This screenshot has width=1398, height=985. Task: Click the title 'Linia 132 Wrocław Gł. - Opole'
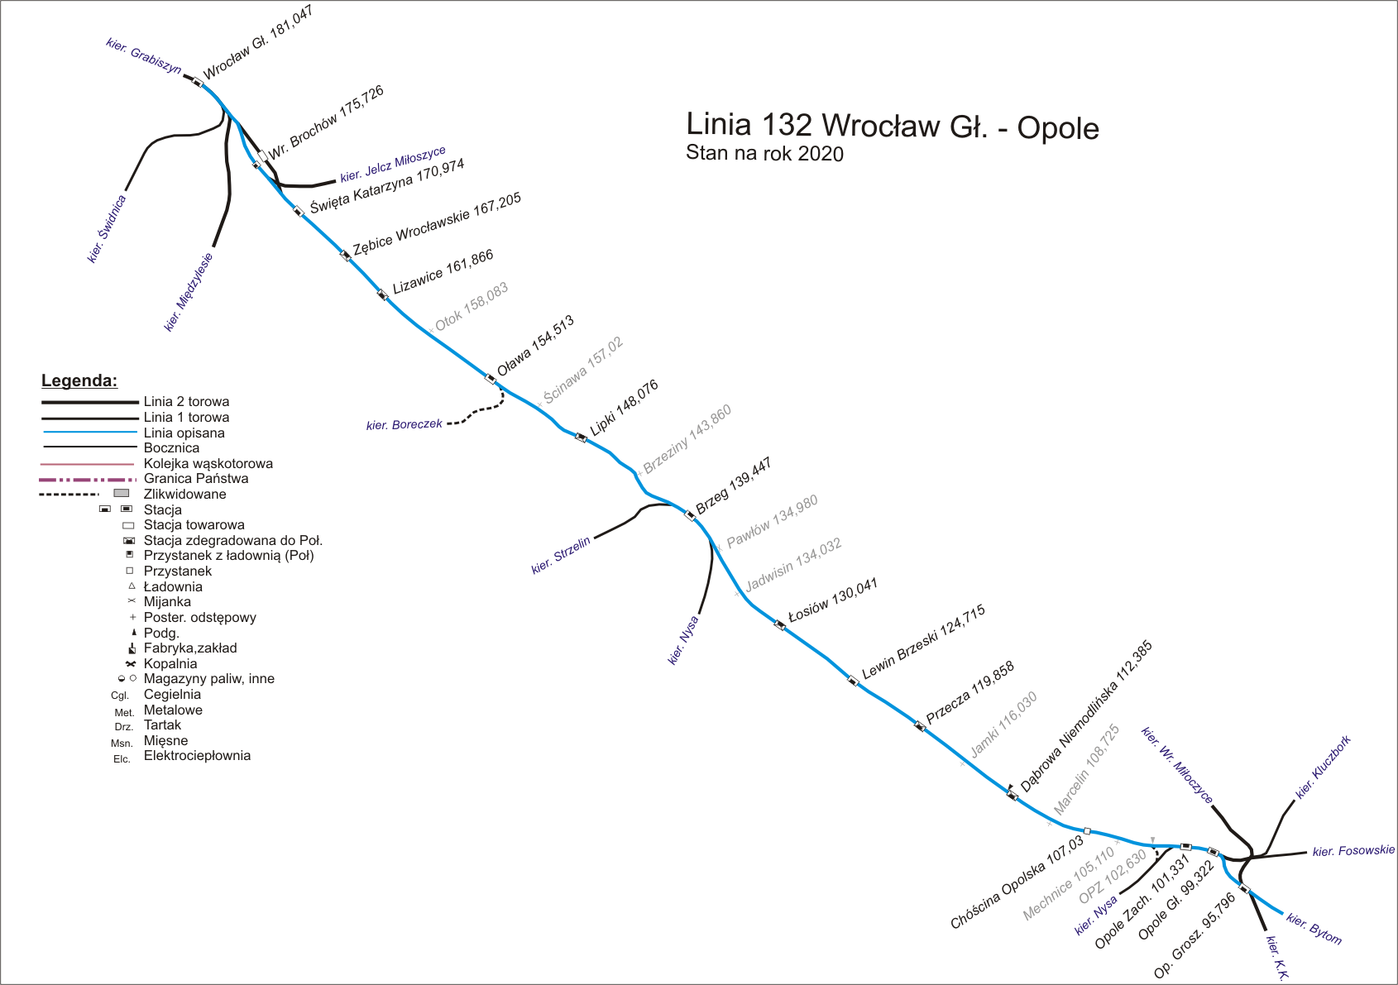893,126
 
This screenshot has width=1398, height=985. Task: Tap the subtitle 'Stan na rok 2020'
764,154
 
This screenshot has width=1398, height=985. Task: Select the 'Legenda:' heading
79,381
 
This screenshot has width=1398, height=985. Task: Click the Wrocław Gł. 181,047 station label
258,44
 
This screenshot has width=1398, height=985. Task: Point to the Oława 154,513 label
535,346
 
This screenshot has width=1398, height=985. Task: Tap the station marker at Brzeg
691,516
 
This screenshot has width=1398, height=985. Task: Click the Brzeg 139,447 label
734,486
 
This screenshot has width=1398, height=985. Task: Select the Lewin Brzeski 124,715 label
923,643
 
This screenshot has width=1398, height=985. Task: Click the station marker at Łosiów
779,624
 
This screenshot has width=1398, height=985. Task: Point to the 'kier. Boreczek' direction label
405,424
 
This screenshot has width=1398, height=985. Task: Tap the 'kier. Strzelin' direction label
561,555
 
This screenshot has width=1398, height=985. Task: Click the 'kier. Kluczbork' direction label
1323,767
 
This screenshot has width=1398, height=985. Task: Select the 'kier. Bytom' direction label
1314,929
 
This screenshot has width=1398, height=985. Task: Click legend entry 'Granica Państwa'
195,479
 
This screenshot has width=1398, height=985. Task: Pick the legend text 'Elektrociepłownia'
197,756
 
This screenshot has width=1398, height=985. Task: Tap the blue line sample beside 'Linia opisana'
89,433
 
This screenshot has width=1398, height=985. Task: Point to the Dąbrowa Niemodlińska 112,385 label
1086,716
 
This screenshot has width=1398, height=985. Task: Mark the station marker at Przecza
919,726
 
